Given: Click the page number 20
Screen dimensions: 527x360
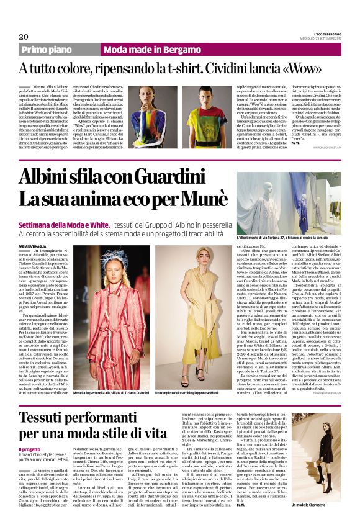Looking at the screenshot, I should pos(24,37).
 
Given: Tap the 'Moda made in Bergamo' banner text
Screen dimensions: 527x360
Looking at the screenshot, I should pos(138,49).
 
